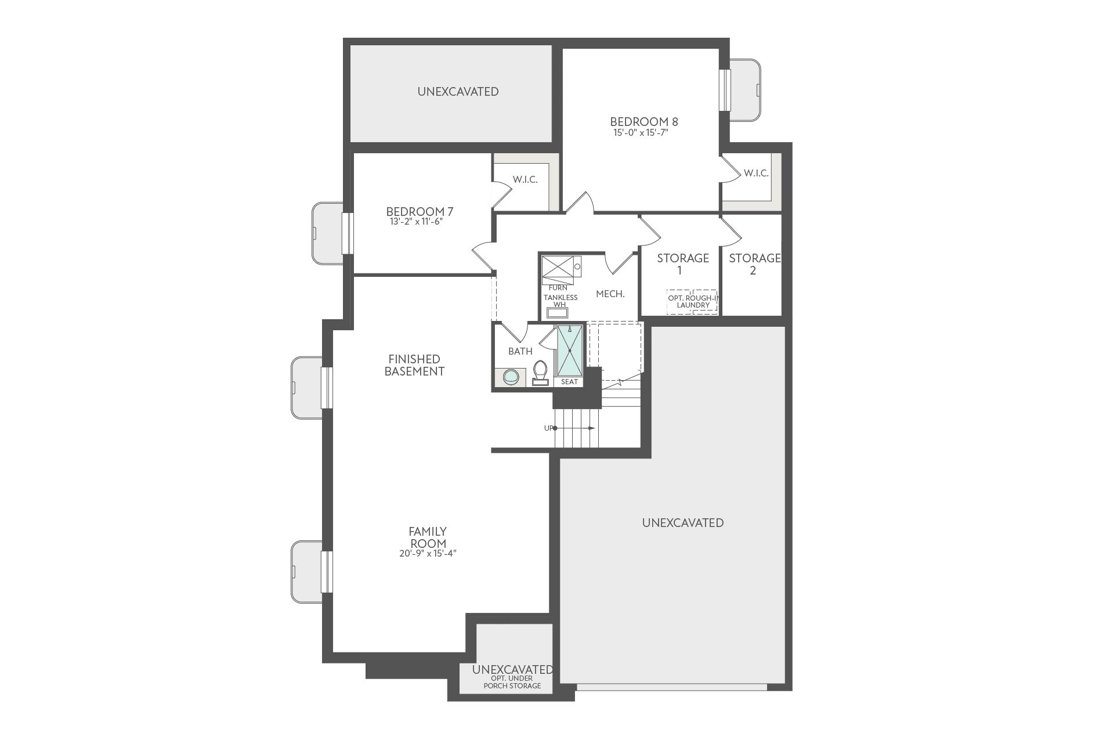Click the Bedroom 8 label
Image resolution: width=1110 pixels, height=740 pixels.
pos(643,122)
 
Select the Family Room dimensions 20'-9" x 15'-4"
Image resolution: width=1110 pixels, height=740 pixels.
pos(427,553)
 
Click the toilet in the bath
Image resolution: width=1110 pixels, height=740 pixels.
pos(540,373)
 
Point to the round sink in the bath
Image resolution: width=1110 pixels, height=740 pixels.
pos(511,377)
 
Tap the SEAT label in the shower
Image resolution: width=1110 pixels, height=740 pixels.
pos(569,382)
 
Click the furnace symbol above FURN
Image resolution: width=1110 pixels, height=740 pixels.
pos(557,269)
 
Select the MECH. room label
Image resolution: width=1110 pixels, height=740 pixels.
pos(610,294)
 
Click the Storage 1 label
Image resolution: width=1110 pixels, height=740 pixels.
pos(682,264)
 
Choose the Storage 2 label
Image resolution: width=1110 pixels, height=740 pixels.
pos(754,264)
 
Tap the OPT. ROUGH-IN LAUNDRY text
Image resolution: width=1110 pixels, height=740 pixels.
pos(693,301)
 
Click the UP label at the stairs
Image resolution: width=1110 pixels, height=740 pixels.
pos(548,428)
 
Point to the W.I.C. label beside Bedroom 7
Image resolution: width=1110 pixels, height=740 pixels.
pos(525,180)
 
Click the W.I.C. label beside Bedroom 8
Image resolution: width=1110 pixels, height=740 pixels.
pos(756,173)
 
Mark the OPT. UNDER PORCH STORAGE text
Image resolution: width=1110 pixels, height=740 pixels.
pos(512,682)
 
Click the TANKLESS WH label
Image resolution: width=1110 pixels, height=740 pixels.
pos(561,301)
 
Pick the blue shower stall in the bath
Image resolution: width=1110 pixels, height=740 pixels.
pos(569,351)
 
